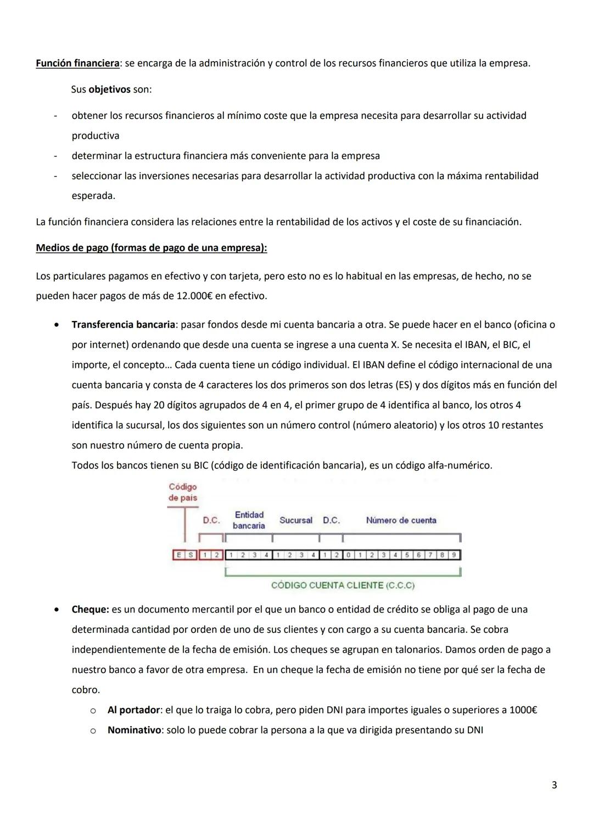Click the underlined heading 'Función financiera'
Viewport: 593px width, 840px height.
77,63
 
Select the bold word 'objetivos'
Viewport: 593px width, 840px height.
109,89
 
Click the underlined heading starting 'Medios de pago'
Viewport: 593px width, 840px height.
151,247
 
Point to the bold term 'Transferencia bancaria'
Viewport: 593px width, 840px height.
123,324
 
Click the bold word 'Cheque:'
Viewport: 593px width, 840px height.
90,609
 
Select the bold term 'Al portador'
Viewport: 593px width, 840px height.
133,710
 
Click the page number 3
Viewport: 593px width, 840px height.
554,785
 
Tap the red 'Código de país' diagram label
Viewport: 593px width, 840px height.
183,492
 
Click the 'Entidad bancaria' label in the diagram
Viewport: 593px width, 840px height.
249,520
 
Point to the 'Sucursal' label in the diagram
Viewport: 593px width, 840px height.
295,520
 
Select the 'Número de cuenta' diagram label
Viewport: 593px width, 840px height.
401,520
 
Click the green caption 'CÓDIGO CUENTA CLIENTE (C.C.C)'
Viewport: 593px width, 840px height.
343,585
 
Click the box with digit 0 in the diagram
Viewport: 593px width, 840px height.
348,555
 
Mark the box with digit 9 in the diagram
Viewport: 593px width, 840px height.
454,555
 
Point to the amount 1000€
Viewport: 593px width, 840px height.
523,710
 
